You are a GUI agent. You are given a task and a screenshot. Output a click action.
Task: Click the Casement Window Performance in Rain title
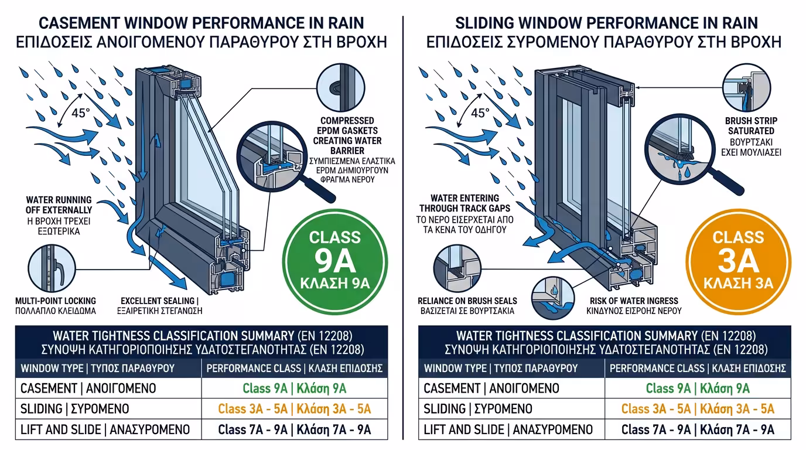pyautogui.click(x=201, y=23)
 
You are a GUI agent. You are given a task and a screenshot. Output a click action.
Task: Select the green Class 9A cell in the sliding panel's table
pyautogui.click(x=698, y=388)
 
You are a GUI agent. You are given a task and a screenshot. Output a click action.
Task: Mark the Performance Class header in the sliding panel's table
pyautogui.click(x=698, y=369)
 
